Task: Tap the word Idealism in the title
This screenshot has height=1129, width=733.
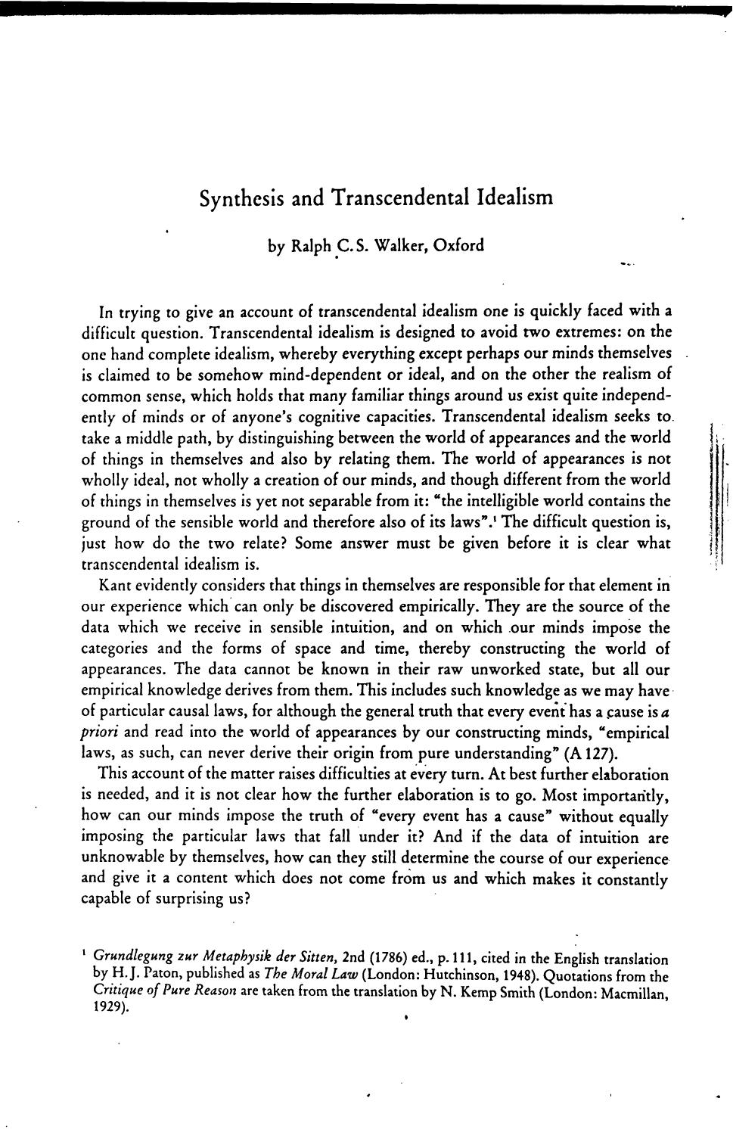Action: coord(515,198)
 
